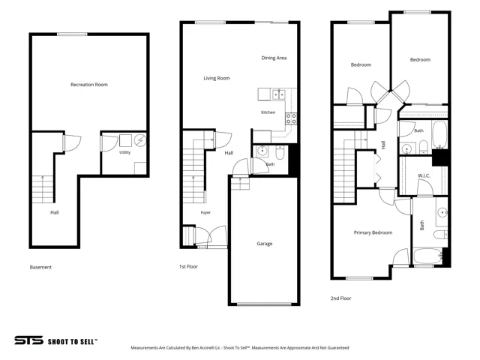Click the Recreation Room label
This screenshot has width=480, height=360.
click(x=89, y=85)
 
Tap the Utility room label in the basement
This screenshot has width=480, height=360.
click(x=125, y=152)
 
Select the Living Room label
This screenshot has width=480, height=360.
click(x=217, y=78)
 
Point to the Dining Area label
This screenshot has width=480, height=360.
click(x=274, y=58)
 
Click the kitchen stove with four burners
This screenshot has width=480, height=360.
click(x=291, y=118)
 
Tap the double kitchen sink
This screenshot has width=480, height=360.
click(x=279, y=94)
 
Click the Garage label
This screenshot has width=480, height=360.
click(x=265, y=244)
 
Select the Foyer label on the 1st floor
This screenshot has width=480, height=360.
click(x=205, y=212)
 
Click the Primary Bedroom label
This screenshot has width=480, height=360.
click(x=373, y=232)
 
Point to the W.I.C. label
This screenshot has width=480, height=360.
click(x=424, y=176)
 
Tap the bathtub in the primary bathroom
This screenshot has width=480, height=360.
click(x=428, y=256)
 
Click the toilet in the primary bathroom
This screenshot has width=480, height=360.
click(x=440, y=235)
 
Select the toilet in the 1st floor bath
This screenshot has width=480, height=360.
click(x=280, y=153)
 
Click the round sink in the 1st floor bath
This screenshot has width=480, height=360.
click(x=262, y=151)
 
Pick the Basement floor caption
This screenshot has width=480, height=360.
click(x=40, y=267)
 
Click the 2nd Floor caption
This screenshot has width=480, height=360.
click(x=341, y=298)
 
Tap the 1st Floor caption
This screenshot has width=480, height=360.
click(x=188, y=267)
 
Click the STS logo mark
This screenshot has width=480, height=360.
click(x=28, y=340)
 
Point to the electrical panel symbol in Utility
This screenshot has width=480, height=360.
click(x=140, y=140)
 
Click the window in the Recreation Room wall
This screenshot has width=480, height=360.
click(x=72, y=34)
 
